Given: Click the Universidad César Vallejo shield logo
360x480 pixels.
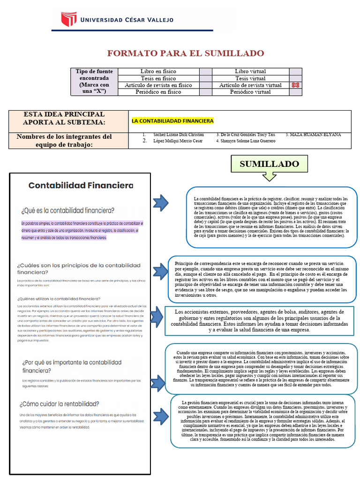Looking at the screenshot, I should [x=69, y=19].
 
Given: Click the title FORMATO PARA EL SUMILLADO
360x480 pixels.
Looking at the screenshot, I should [x=186, y=53].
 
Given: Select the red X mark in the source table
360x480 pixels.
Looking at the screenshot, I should [x=295, y=85].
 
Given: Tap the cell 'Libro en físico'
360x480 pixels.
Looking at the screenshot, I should [x=158, y=71].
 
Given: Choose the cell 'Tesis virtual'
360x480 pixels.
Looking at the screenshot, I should [x=250, y=78].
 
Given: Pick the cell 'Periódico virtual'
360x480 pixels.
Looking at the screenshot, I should [x=250, y=92].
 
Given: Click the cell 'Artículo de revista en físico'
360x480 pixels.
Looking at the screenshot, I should [x=158, y=85].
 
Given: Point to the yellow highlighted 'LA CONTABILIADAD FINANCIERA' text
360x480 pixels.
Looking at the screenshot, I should [x=172, y=121].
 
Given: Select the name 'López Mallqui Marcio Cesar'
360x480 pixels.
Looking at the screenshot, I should [x=178, y=141].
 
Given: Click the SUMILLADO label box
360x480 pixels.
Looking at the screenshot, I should [x=269, y=164].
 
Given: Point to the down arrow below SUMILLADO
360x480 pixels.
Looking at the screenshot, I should [x=269, y=177].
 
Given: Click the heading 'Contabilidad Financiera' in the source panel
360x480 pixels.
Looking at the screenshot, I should [x=81, y=185].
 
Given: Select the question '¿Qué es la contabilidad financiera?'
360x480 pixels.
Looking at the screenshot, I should [x=67, y=210].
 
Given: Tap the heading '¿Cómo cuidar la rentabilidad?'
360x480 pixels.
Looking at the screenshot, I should [x=59, y=404].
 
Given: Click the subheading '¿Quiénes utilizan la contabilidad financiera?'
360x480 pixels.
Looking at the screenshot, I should [x=59, y=298].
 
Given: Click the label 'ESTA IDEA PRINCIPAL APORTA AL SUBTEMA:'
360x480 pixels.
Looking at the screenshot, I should [x=64, y=118].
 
